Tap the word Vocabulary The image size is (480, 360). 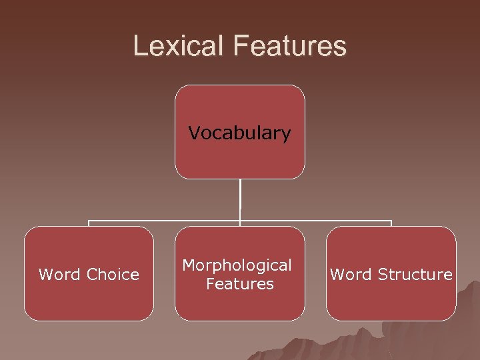(x=240, y=133)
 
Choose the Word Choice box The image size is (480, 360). (x=89, y=300)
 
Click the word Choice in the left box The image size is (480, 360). (x=113, y=274)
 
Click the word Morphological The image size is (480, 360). (x=237, y=265)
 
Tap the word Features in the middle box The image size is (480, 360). (x=240, y=284)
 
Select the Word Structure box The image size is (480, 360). (x=391, y=300)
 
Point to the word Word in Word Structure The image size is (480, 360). (x=351, y=274)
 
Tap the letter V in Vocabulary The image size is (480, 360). (x=194, y=133)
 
